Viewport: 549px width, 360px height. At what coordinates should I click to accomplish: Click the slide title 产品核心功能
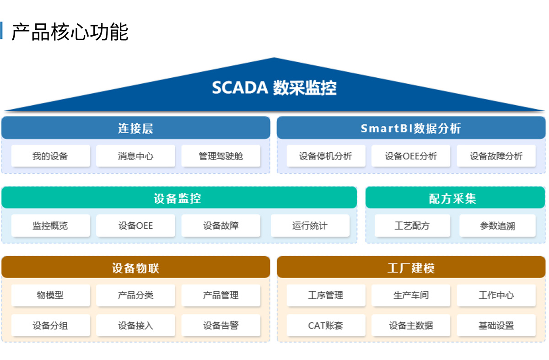(x=70, y=32)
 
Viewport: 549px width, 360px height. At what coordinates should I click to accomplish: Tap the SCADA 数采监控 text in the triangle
(x=274, y=88)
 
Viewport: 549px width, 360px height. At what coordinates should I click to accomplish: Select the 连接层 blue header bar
(x=136, y=128)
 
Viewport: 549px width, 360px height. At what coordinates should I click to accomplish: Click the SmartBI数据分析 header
(x=411, y=128)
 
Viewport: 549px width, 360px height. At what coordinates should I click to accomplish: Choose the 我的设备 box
(x=50, y=156)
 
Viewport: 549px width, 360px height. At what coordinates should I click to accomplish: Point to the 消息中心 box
(x=135, y=156)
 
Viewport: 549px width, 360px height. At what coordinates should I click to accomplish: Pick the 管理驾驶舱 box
(x=221, y=156)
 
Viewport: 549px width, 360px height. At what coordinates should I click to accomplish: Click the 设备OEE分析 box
(x=411, y=156)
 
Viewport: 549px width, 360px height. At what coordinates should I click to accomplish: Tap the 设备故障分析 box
(x=496, y=156)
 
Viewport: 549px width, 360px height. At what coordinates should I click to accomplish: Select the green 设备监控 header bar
(x=179, y=198)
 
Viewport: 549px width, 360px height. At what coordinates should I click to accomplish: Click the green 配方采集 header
(x=455, y=198)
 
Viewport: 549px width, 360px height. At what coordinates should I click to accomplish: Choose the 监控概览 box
(x=50, y=226)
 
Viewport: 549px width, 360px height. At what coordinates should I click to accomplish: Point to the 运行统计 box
(x=310, y=226)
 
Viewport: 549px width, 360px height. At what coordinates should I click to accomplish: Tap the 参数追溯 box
(x=497, y=226)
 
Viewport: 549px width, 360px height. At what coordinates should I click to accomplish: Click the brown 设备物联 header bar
(x=136, y=267)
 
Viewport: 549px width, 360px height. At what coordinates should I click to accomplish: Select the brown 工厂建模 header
(x=411, y=267)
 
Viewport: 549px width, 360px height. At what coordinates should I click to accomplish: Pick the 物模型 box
(x=50, y=296)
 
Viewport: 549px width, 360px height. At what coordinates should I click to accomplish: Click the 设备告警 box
(x=221, y=325)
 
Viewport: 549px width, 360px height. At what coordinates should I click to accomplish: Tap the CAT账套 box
(x=326, y=325)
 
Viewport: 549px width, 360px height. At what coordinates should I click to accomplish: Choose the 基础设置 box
(x=496, y=325)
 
